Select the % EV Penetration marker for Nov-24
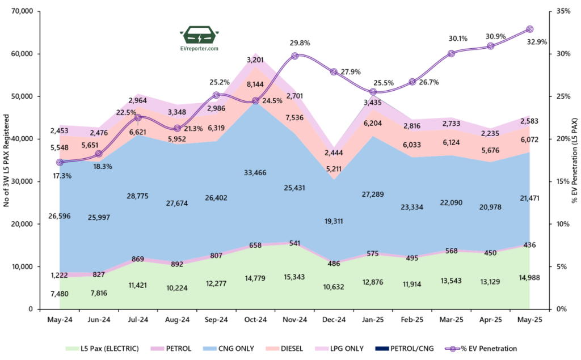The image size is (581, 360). pos(294,56)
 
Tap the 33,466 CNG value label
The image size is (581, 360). pos(255,172)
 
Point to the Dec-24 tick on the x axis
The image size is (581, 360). pos(334,320)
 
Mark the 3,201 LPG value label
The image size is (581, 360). pos(255,60)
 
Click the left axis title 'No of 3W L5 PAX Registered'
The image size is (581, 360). pos(7,160)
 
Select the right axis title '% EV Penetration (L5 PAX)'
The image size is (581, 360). pos(574,160)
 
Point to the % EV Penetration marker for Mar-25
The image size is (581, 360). pos(451,53)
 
